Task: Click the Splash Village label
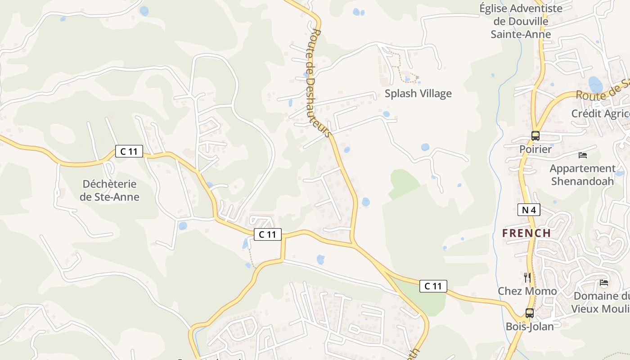pos(418,94)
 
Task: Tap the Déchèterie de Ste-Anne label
pos(109,190)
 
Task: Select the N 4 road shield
pos(528,209)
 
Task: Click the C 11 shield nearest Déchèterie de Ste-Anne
pos(129,151)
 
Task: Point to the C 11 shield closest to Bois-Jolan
pos(433,286)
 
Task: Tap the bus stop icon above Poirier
pos(535,135)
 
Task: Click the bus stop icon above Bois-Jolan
pos(530,313)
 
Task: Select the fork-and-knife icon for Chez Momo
pos(527,277)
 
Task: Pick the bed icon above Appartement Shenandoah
pos(583,155)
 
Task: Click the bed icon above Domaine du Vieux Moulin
pos(604,283)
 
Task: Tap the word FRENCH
pos(526,233)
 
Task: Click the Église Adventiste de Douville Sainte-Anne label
pos(521,21)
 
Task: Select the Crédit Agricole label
pos(600,113)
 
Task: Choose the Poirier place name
pos(535,149)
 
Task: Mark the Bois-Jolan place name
pos(530,326)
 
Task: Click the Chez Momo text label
pos(527,291)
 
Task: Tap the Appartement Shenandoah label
pos(582,175)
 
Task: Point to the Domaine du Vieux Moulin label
pos(601,302)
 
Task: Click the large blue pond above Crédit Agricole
pos(595,84)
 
